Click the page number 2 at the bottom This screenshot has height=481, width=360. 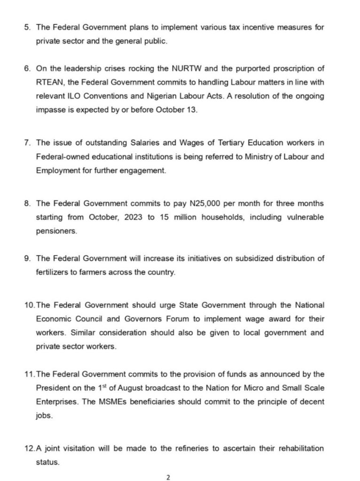pyautogui.click(x=168, y=478)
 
